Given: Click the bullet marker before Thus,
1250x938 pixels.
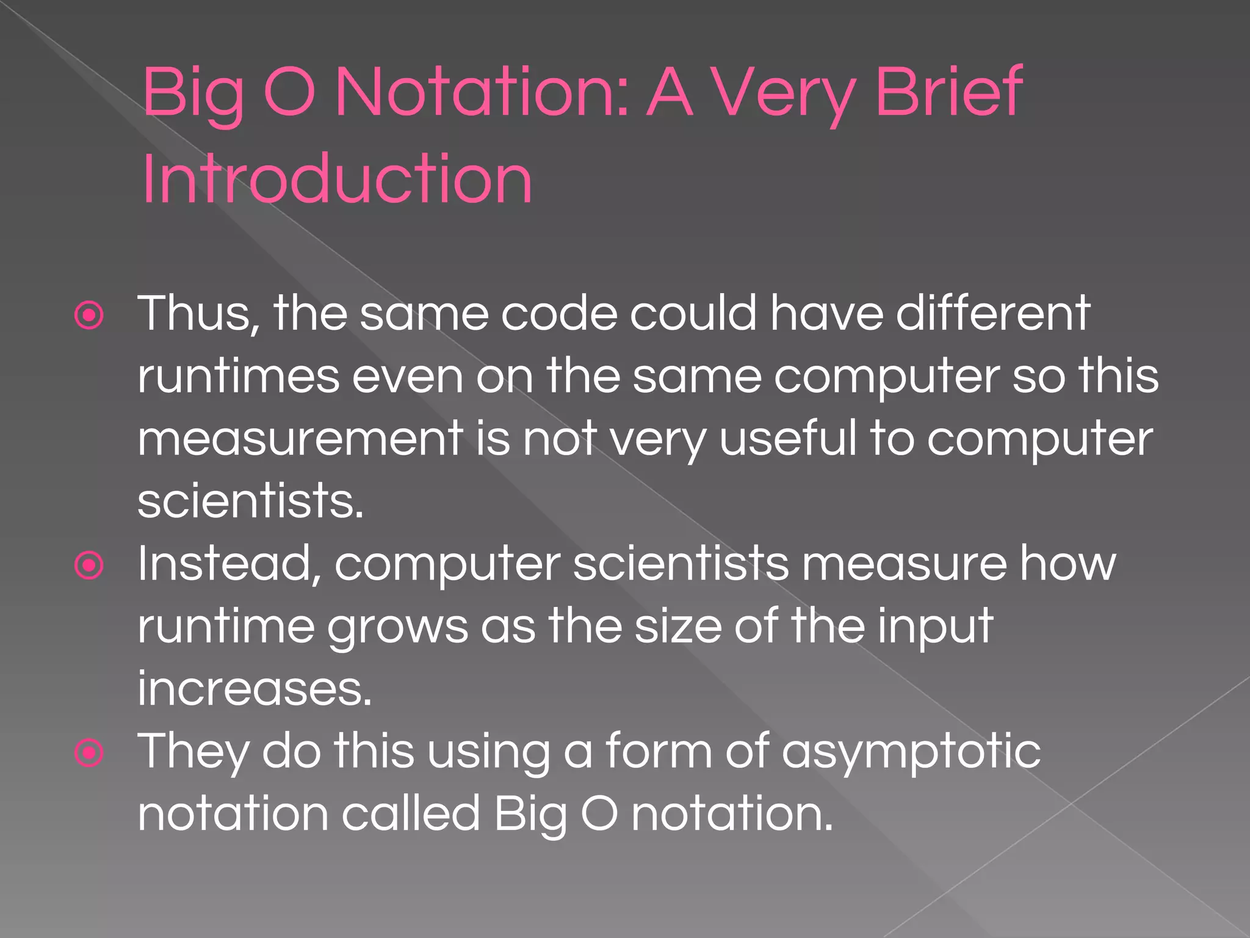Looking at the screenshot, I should (89, 316).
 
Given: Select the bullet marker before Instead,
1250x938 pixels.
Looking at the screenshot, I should (89, 565).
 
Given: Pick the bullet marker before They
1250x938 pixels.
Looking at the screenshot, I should (89, 753).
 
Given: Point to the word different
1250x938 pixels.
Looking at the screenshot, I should (992, 313).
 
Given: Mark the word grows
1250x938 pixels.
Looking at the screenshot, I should (397, 627).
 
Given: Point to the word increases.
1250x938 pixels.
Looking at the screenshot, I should (254, 689).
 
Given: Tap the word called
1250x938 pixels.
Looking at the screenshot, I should (411, 814).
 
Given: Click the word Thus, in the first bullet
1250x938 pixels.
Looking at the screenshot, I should (198, 313).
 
